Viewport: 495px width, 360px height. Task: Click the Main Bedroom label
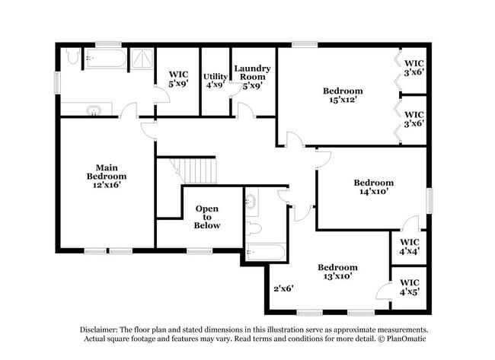pyautogui.click(x=106, y=177)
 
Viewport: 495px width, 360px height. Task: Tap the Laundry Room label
pyautogui.click(x=252, y=78)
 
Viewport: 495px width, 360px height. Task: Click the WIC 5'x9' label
pyautogui.click(x=177, y=80)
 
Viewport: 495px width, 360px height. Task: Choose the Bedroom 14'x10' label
pyautogui.click(x=373, y=187)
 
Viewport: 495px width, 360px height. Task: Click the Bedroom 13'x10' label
pyautogui.click(x=337, y=272)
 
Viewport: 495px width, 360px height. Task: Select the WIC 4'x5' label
pyautogui.click(x=409, y=286)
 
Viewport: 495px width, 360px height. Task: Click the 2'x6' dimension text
pyautogui.click(x=283, y=288)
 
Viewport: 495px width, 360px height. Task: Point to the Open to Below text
pyautogui.click(x=207, y=217)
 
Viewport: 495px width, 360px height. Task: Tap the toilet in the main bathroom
pyautogui.click(x=72, y=56)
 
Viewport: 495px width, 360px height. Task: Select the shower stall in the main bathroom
pyautogui.click(x=141, y=59)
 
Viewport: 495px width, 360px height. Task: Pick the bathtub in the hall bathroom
pyautogui.click(x=266, y=252)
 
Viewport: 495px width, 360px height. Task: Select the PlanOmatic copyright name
pyautogui.click(x=407, y=338)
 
